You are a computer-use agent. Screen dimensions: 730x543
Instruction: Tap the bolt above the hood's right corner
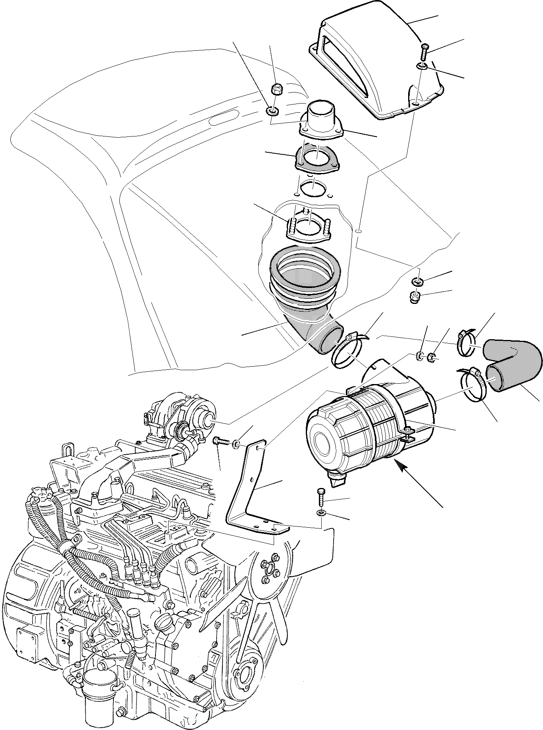pos(424,51)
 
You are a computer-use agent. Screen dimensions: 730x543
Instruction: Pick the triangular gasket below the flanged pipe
pos(317,159)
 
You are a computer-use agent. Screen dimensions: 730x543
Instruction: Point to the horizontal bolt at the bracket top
pos(220,441)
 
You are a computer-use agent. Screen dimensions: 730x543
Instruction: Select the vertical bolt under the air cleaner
pos(320,496)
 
